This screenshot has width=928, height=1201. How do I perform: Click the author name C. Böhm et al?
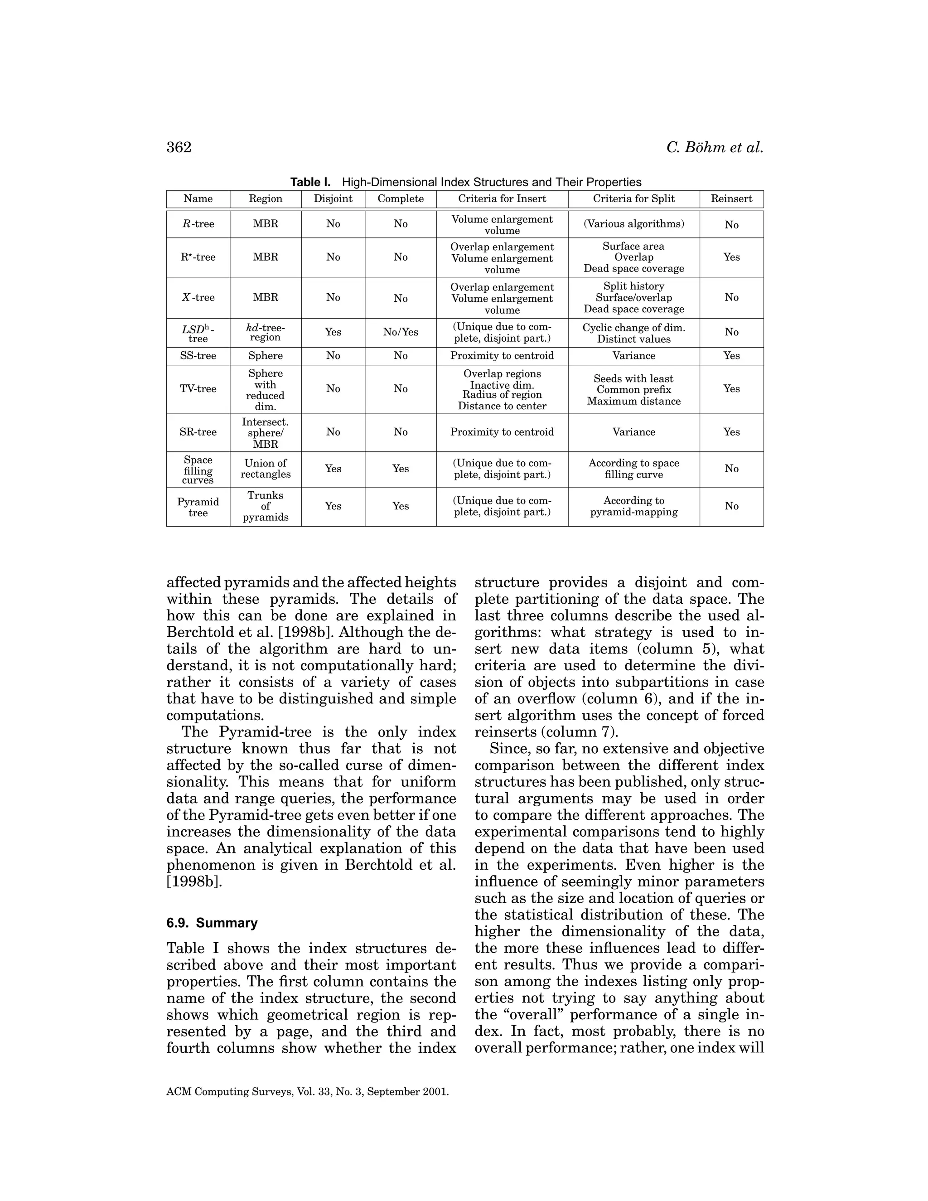point(715,147)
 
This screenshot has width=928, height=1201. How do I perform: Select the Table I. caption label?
point(310,182)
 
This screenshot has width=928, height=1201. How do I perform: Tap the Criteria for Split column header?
point(633,199)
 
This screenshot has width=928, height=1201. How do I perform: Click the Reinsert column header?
point(731,199)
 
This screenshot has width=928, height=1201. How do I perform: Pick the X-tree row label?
point(198,297)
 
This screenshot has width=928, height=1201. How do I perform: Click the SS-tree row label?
point(198,356)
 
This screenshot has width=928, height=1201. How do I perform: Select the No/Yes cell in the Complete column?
point(400,332)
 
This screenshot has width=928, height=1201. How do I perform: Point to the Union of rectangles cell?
point(266,469)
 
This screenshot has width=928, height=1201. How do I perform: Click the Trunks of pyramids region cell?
point(266,506)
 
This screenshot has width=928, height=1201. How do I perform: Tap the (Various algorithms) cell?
point(633,224)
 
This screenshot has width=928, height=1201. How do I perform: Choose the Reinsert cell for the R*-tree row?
point(731,257)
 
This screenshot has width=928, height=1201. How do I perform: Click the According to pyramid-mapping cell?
point(633,506)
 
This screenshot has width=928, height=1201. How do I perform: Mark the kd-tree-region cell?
point(266,332)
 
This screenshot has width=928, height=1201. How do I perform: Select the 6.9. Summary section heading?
point(212,923)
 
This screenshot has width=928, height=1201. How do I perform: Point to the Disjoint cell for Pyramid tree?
point(333,506)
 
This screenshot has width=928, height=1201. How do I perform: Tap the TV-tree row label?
point(198,389)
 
